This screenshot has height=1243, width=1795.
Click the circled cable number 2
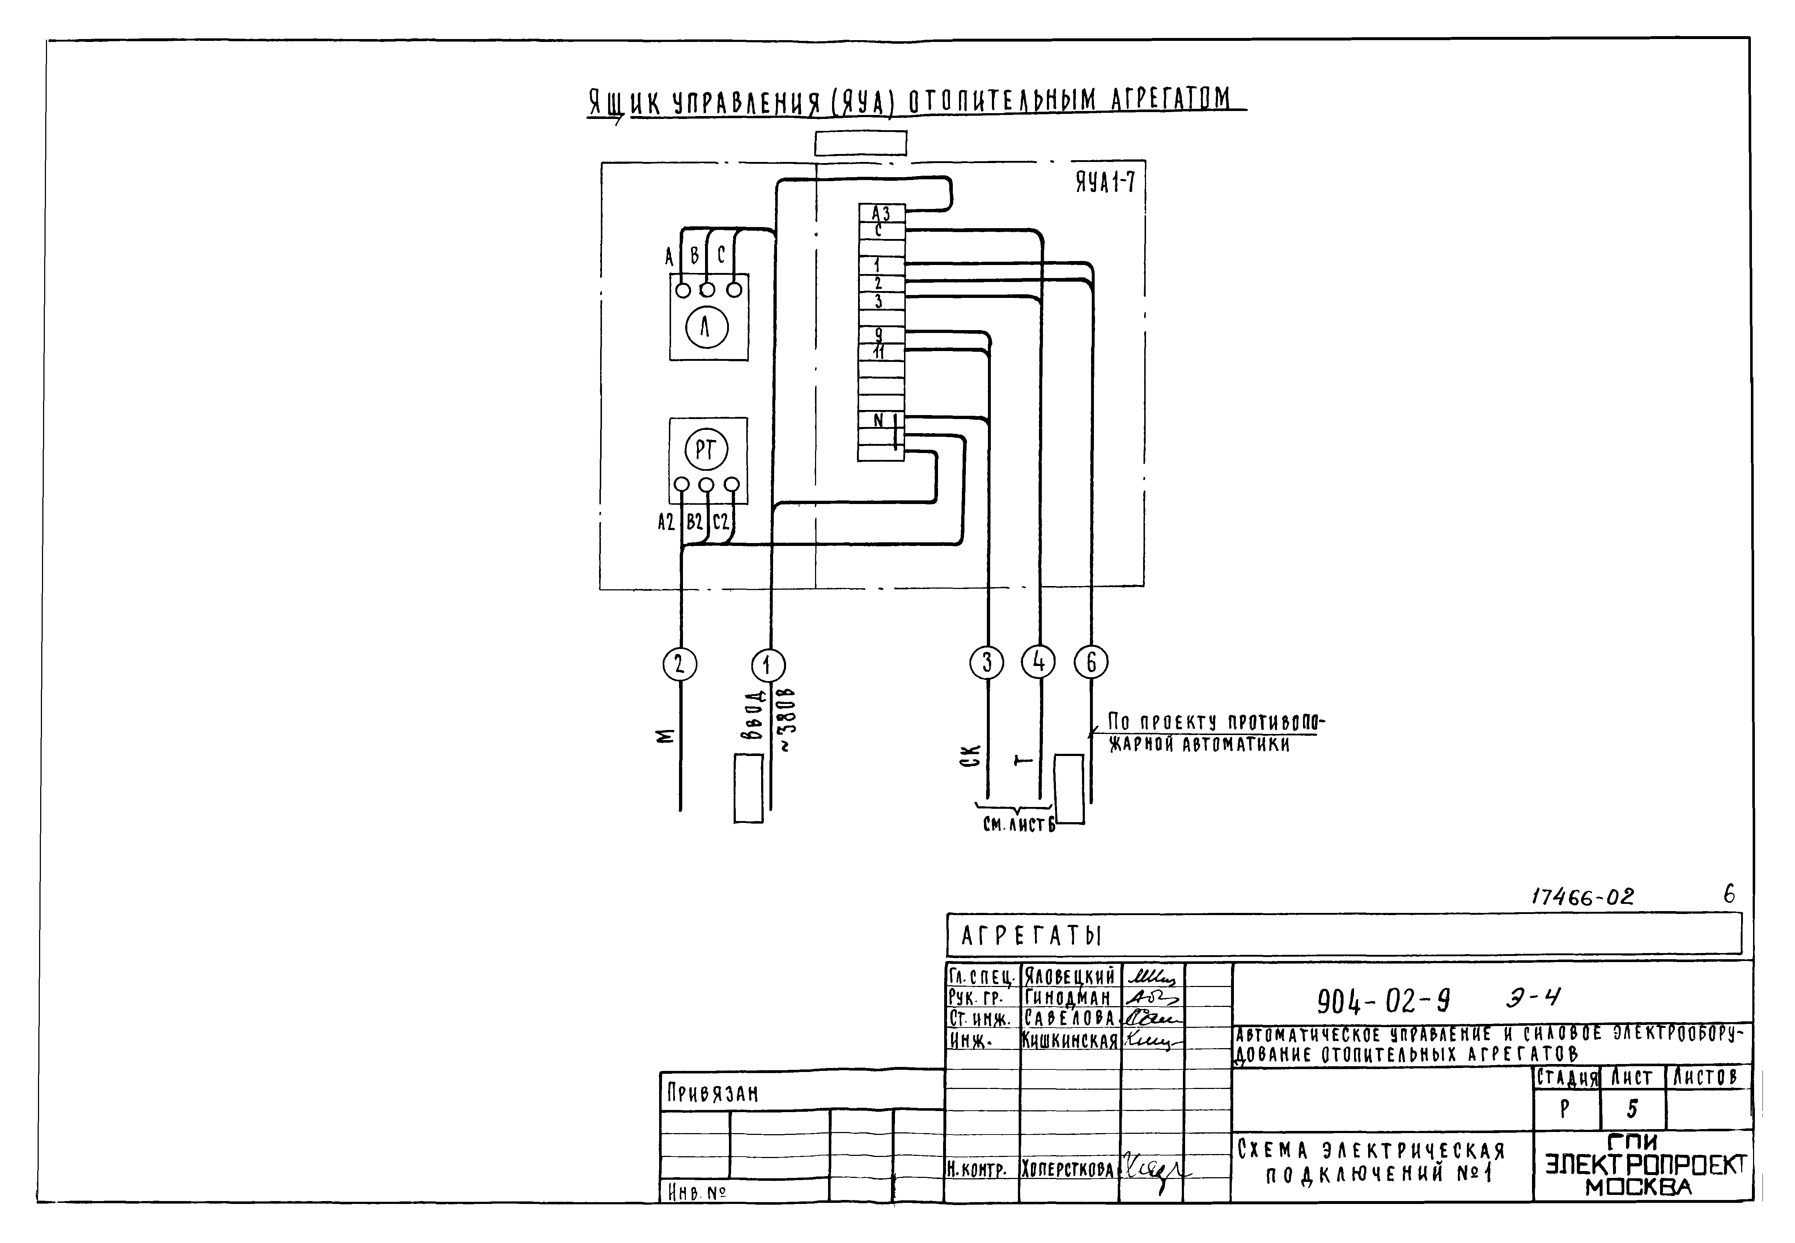click(x=679, y=664)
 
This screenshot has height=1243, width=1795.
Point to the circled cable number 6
click(x=1091, y=662)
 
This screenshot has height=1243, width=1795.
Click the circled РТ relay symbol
click(x=706, y=450)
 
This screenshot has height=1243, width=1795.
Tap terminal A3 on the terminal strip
click(x=880, y=213)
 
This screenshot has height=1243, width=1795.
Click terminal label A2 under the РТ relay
click(x=666, y=522)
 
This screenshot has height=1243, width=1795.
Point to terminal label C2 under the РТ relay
click(x=721, y=522)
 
